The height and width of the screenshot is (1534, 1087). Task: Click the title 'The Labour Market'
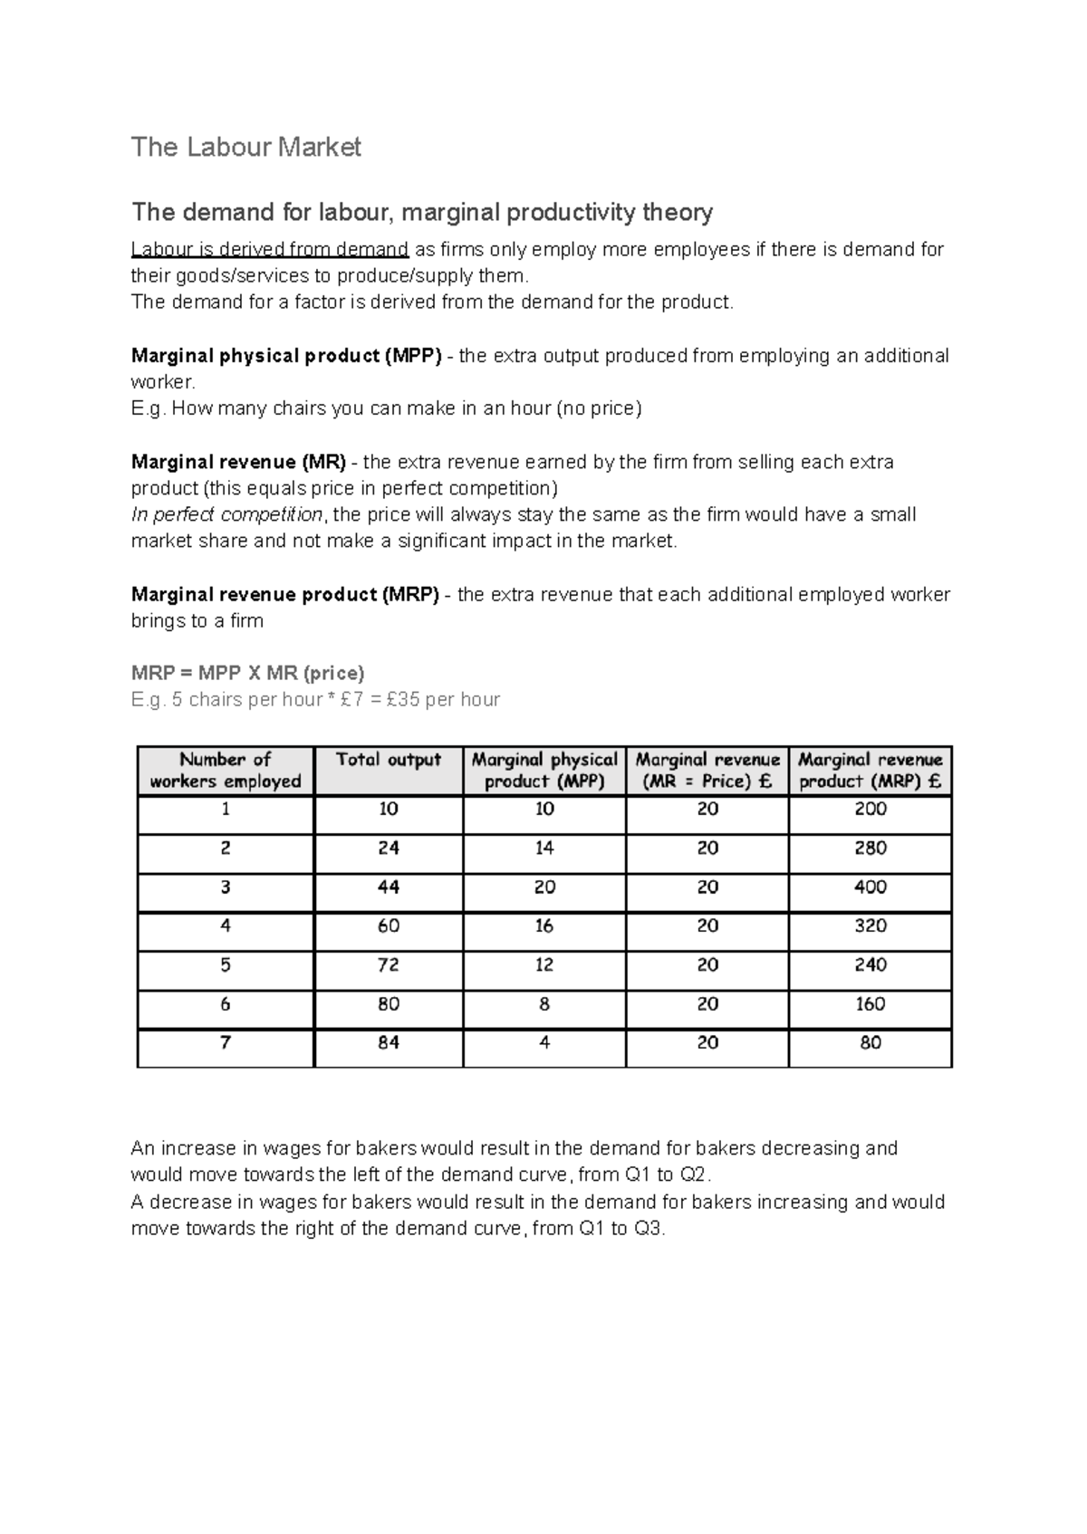(245, 147)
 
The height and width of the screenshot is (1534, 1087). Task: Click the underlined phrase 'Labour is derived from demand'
(270, 250)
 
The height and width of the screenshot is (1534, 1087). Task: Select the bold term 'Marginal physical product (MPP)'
(286, 356)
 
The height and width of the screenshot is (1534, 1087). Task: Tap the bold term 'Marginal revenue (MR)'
(238, 462)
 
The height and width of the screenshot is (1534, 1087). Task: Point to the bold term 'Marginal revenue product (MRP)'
(285, 595)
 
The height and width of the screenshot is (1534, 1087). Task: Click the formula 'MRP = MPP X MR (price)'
(247, 673)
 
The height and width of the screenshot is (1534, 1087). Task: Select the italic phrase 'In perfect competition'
(226, 515)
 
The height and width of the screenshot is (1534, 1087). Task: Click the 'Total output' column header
(388, 760)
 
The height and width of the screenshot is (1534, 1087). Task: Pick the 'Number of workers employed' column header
(225, 771)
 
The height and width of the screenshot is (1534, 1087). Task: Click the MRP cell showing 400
(870, 887)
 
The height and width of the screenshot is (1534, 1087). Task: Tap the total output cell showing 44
(388, 887)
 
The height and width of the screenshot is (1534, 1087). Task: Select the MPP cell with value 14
(543, 848)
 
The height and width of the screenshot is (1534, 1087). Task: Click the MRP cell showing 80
(870, 1043)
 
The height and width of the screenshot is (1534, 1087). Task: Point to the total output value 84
(388, 1043)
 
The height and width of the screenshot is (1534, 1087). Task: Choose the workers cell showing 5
(225, 965)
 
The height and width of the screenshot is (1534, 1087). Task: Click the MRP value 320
(870, 926)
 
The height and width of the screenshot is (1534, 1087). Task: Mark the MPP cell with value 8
(543, 1004)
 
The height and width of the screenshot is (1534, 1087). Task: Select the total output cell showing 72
(388, 965)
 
